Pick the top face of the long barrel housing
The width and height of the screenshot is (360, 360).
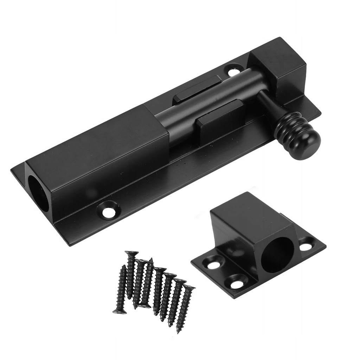point(95,141)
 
